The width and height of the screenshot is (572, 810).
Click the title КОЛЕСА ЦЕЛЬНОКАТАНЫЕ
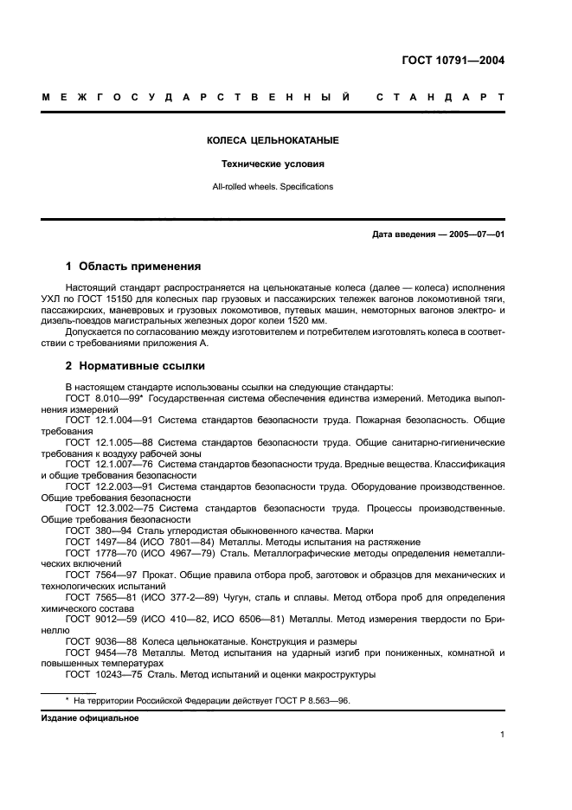pyautogui.click(x=273, y=140)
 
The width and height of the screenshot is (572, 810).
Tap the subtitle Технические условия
pyautogui.click(x=273, y=163)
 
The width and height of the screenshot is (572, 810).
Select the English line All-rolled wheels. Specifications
pyautogui.click(x=273, y=186)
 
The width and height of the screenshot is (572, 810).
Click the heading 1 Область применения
pyautogui.click(x=133, y=267)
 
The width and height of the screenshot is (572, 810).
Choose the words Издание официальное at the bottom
pyautogui.click(x=90, y=718)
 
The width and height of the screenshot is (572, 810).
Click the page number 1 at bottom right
pyautogui.click(x=502, y=735)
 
